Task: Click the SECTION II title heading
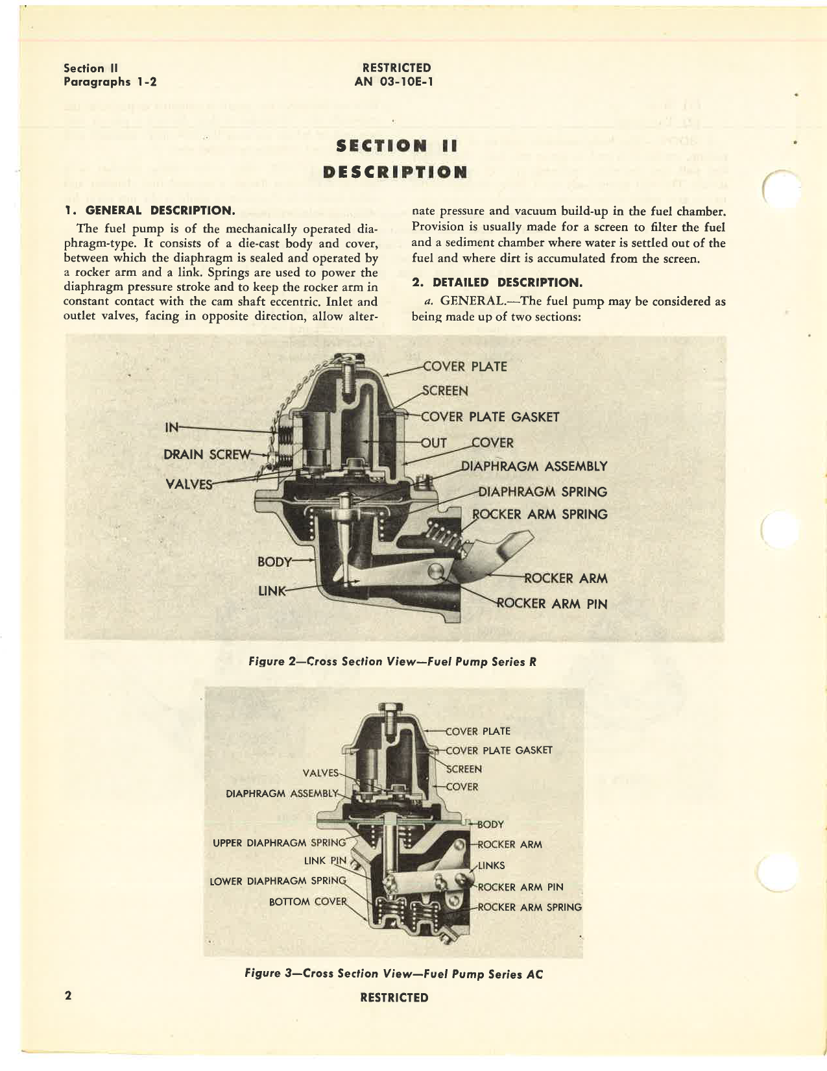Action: click(x=396, y=146)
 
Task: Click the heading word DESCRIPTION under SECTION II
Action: click(x=395, y=172)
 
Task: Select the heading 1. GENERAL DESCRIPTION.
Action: click(x=149, y=210)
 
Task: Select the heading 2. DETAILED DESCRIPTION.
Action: click(x=497, y=282)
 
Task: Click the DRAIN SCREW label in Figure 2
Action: click(x=206, y=454)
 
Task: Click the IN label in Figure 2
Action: click(x=171, y=427)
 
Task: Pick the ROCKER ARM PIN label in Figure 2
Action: click(x=551, y=604)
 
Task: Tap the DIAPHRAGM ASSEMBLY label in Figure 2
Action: click(x=534, y=466)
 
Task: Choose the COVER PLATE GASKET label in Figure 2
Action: click(x=490, y=417)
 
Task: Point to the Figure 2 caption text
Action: click(x=392, y=661)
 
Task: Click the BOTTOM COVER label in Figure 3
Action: click(x=308, y=902)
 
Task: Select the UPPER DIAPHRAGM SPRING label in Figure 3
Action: click(x=279, y=843)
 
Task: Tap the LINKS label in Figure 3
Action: click(x=491, y=865)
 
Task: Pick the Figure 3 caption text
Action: click(x=394, y=974)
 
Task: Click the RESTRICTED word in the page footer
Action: click(x=394, y=998)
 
